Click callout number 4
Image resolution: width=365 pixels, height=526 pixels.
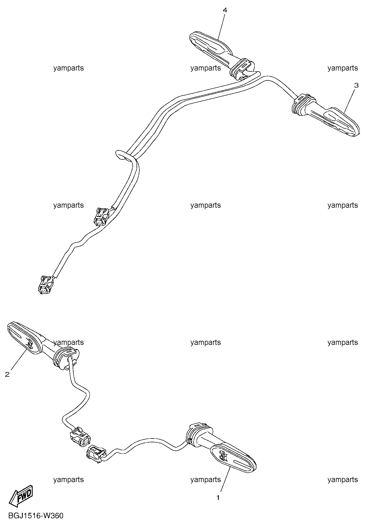point(225,10)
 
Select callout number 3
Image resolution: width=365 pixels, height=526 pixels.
point(356,86)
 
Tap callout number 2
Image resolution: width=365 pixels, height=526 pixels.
point(7,374)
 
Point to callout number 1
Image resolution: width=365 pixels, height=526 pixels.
point(218,498)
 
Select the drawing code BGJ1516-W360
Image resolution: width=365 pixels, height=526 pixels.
point(36,516)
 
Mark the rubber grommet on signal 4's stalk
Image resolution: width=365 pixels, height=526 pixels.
point(242,69)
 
